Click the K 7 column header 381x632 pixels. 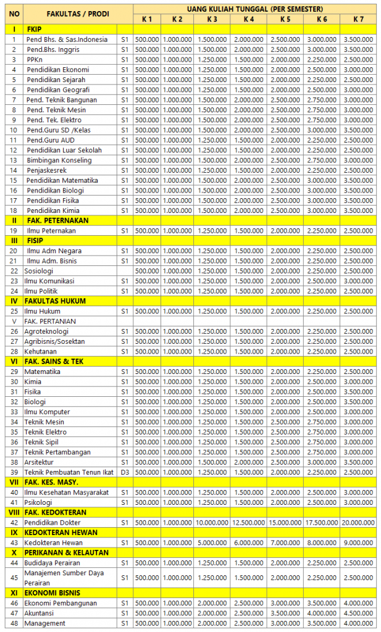pyautogui.click(x=358, y=19)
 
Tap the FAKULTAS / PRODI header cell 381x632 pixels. pyautogui.click(x=77, y=14)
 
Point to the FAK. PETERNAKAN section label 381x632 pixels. pyautogui.click(x=57, y=220)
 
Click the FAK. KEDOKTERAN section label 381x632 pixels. pyautogui.click(x=56, y=512)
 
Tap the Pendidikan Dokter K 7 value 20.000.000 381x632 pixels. pyautogui.click(x=358, y=523)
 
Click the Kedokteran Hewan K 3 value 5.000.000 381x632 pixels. pyautogui.click(x=212, y=543)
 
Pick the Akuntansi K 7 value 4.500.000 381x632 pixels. pyautogui.click(x=358, y=613)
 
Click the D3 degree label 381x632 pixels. pyautogui.click(x=125, y=472)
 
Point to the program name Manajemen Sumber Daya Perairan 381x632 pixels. pyautogui.click(x=64, y=578)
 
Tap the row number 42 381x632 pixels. pyautogui.click(x=14, y=523)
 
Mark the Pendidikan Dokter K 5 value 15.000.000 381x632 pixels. pyautogui.click(x=285, y=523)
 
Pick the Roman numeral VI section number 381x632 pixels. pyautogui.click(x=14, y=362)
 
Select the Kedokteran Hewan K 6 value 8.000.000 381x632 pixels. pyautogui.click(x=322, y=543)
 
